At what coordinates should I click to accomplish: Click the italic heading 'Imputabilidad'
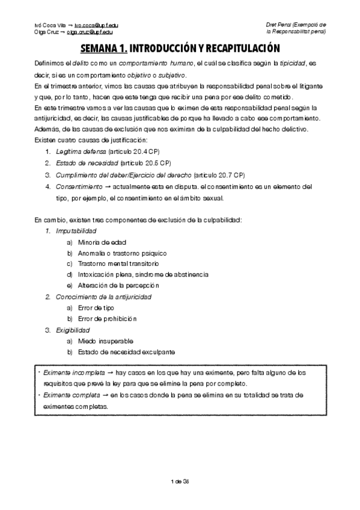click(x=76, y=231)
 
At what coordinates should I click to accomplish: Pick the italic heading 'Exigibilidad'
click(x=73, y=330)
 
